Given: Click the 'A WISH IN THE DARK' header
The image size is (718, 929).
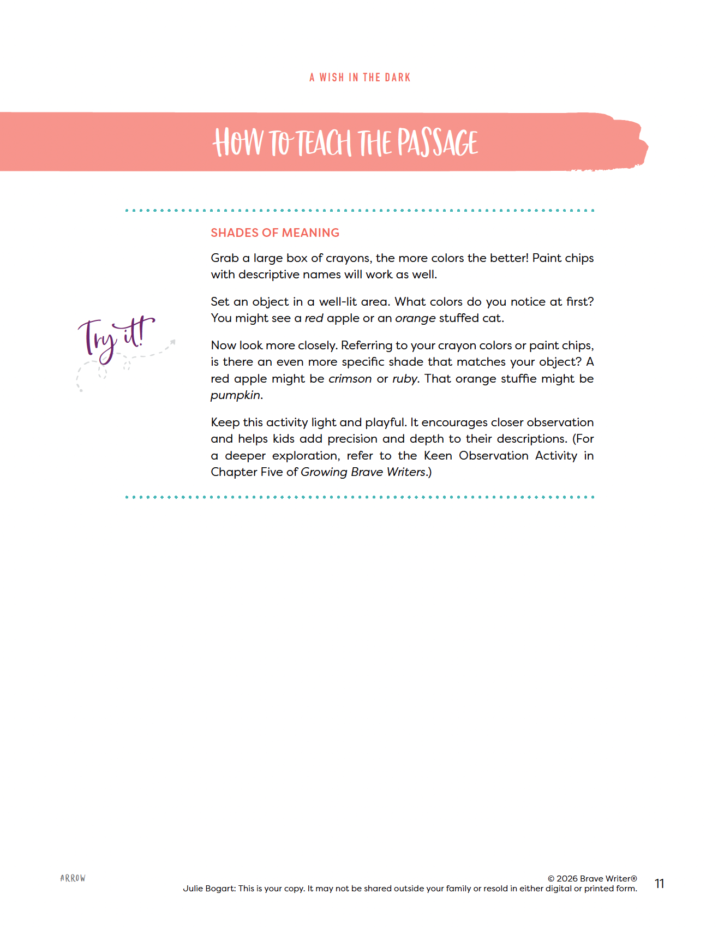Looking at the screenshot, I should [360, 78].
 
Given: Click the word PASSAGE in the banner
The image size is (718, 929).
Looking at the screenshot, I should [438, 143].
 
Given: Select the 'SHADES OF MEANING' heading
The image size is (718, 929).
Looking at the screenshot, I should [275, 233].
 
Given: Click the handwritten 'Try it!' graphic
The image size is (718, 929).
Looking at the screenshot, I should [116, 338].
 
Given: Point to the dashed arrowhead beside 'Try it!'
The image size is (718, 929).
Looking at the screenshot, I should [172, 342].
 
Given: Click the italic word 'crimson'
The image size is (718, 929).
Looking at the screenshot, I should [350, 379].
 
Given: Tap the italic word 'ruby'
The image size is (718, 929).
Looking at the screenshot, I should [404, 379].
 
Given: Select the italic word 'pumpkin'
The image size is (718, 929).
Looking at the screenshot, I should [235, 395].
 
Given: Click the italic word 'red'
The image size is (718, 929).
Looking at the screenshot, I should [314, 318].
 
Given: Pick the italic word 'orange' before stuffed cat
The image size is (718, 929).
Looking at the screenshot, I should [415, 318].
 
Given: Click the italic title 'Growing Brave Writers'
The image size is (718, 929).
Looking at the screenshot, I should [363, 472].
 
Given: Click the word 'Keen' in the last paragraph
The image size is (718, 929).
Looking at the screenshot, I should [438, 456].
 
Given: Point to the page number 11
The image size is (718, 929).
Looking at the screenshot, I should [659, 884].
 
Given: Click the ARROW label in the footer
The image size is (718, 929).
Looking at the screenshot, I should [73, 878].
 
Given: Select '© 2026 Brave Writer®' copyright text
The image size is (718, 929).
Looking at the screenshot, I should [592, 878].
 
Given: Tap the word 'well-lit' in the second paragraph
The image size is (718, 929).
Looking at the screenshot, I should [338, 302].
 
